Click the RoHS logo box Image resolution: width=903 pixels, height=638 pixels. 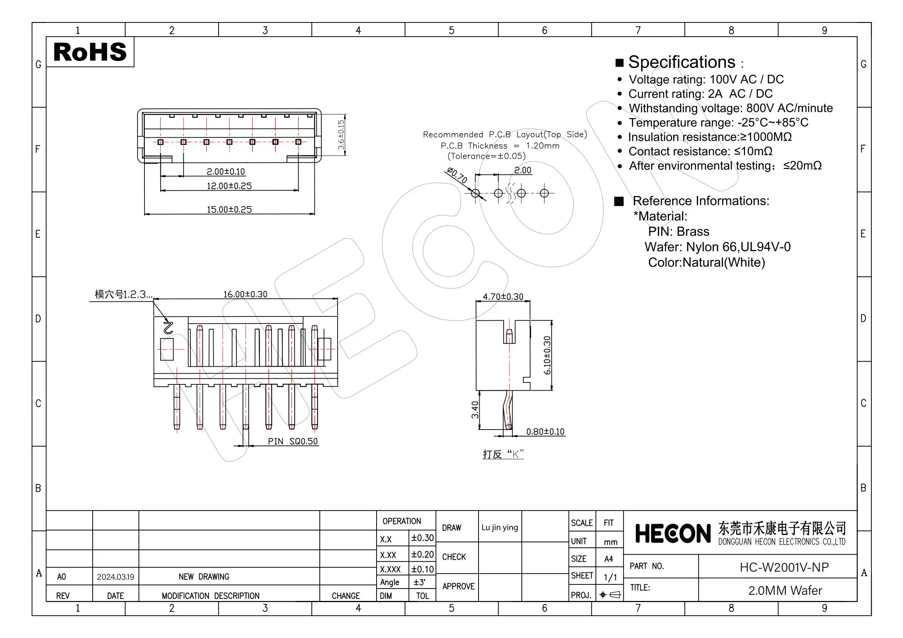(x=90, y=52)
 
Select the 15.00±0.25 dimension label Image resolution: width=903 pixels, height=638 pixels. (x=229, y=210)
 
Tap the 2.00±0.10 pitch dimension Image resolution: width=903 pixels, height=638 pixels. (x=225, y=172)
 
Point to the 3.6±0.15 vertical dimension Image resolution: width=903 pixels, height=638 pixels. (x=341, y=134)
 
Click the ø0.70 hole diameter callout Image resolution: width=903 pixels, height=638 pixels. (x=457, y=175)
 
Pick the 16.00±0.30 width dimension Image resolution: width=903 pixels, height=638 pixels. (x=245, y=294)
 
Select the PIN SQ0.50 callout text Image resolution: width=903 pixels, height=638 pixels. (x=293, y=442)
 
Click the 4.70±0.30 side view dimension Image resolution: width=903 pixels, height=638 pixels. (x=502, y=297)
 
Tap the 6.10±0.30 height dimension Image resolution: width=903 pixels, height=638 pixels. (x=547, y=355)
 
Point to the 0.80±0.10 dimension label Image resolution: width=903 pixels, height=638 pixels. (x=545, y=432)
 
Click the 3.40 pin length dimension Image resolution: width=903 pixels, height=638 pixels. (x=475, y=410)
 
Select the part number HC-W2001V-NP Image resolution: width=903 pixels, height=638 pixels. (x=784, y=567)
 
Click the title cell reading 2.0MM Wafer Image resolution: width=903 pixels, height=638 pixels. (x=784, y=591)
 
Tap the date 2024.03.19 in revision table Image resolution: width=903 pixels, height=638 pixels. (x=115, y=577)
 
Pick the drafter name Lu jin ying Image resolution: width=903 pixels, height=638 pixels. (x=499, y=528)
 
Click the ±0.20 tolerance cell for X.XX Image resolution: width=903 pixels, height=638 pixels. (x=422, y=554)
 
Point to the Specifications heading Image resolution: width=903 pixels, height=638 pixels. (x=681, y=62)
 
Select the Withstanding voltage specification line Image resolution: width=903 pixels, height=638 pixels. (x=730, y=108)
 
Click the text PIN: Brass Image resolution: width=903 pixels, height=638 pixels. (x=679, y=232)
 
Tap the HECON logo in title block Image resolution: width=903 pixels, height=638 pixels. (x=673, y=534)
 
